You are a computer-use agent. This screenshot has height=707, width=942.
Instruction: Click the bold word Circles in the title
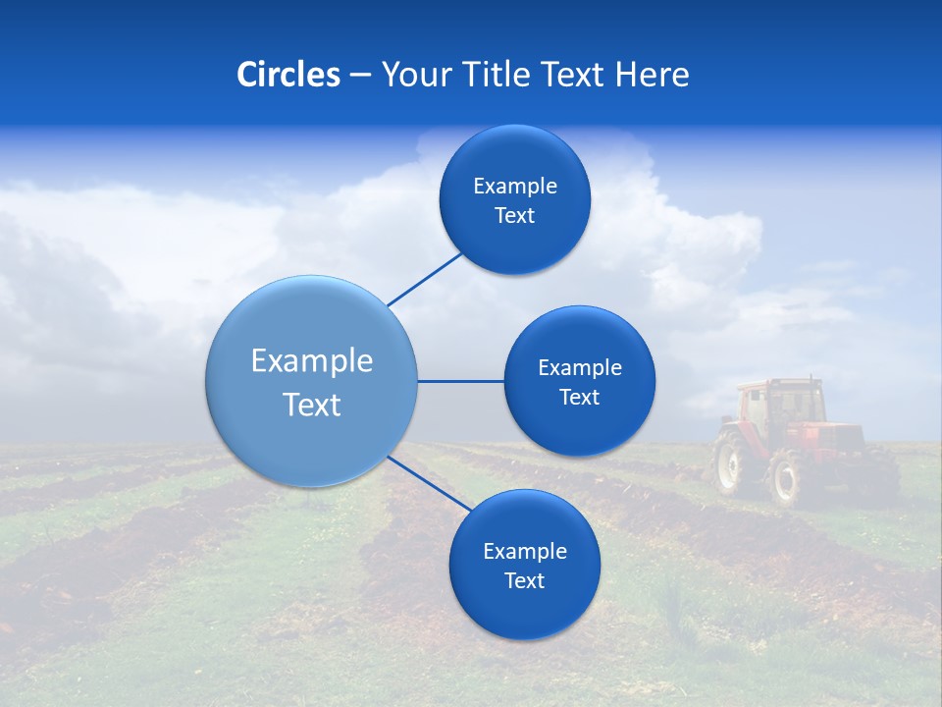[x=288, y=75]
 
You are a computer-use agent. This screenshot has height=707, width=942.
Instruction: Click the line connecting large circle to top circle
[x=424, y=278]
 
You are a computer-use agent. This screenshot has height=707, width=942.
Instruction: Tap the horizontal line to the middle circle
[x=460, y=381]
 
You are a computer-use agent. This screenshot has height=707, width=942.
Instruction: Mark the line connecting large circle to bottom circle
[x=429, y=482]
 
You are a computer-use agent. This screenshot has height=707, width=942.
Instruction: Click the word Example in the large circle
[x=312, y=361]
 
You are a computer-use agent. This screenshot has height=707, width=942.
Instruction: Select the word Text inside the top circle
[x=514, y=216]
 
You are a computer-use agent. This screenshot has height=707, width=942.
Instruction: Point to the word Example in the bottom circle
[x=524, y=552]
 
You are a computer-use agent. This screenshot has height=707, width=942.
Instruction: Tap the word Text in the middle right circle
[x=579, y=398]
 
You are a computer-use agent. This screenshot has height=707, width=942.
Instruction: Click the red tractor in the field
[x=800, y=442]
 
